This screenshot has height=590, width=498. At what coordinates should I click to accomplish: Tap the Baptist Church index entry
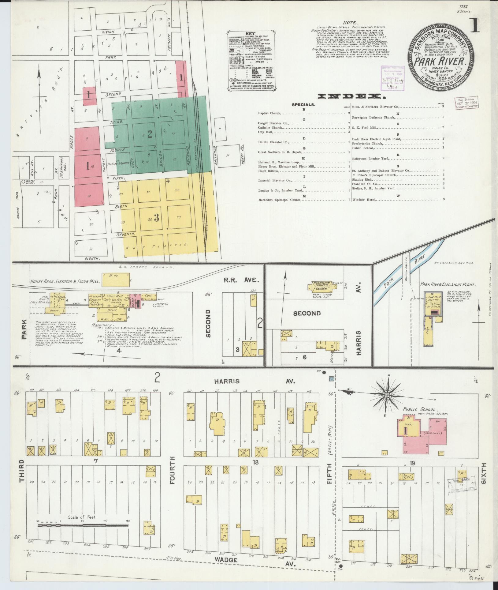click(x=269, y=113)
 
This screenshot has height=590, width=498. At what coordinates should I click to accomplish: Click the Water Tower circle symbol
click(x=23, y=181)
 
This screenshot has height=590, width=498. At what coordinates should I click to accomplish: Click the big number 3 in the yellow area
click(x=157, y=217)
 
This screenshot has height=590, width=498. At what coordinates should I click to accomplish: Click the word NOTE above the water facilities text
click(x=349, y=23)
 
